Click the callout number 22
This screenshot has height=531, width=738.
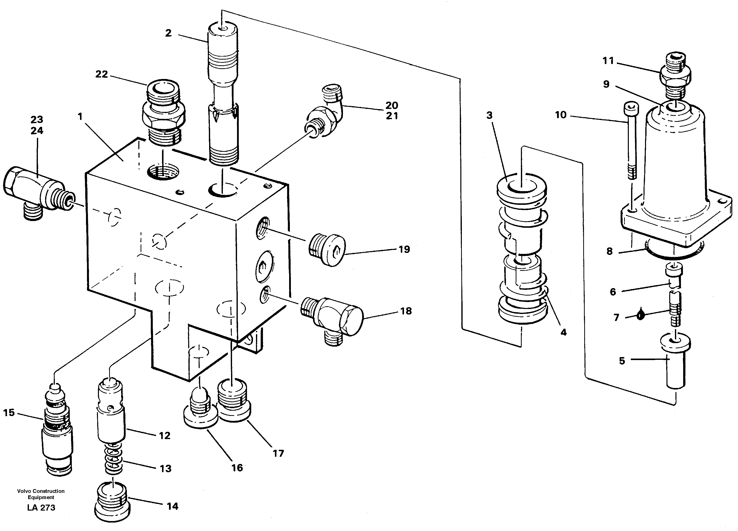click(x=101, y=74)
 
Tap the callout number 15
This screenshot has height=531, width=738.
click(x=9, y=413)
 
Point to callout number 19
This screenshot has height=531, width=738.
click(x=404, y=250)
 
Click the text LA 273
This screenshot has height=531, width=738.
click(x=41, y=508)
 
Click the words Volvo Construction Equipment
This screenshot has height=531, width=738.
click(x=41, y=494)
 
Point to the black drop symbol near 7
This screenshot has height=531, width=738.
click(x=640, y=314)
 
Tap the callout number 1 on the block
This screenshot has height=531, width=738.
click(x=80, y=116)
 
